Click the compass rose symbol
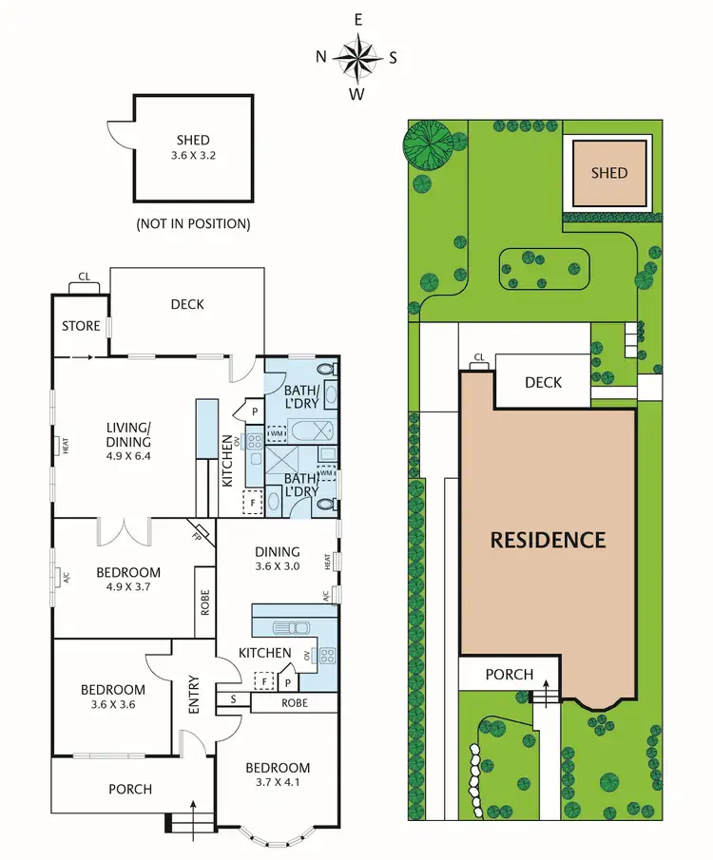[358, 56]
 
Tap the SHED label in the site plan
[609, 172]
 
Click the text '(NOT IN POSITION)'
[193, 224]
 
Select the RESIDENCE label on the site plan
[548, 540]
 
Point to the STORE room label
[81, 326]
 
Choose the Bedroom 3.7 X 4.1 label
[278, 775]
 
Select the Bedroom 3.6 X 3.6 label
[112, 697]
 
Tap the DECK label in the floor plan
[187, 304]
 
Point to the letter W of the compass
[358, 93]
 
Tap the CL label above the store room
[84, 277]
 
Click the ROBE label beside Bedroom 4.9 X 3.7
[205, 602]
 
